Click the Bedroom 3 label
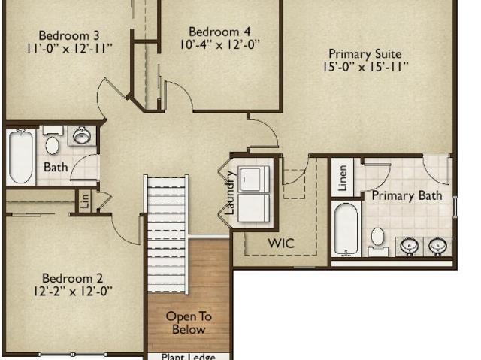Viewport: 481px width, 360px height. pos(69,35)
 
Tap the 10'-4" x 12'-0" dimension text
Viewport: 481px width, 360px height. pos(219,45)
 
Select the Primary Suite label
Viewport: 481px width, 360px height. pos(365,54)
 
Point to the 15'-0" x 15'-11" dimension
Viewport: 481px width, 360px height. pos(365,67)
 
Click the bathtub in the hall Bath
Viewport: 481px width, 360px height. pos(20,156)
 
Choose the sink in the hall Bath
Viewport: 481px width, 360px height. pos(82,135)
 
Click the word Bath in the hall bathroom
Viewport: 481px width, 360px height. pos(56,167)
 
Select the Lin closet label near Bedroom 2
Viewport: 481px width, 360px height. pos(85,201)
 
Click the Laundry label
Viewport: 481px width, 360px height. pos(229,193)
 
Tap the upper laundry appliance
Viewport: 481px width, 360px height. pos(254,180)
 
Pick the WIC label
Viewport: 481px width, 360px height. pos(281,244)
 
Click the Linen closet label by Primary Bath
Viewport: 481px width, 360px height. pos(343,178)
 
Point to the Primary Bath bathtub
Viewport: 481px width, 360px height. pos(346,228)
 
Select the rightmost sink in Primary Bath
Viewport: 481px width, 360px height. pos(437,246)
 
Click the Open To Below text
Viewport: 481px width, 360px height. pos(189,322)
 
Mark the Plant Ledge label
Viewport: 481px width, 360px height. pos(189,357)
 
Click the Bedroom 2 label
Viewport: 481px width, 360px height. pos(72,278)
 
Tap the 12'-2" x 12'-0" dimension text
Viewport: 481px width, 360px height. pos(73,291)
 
